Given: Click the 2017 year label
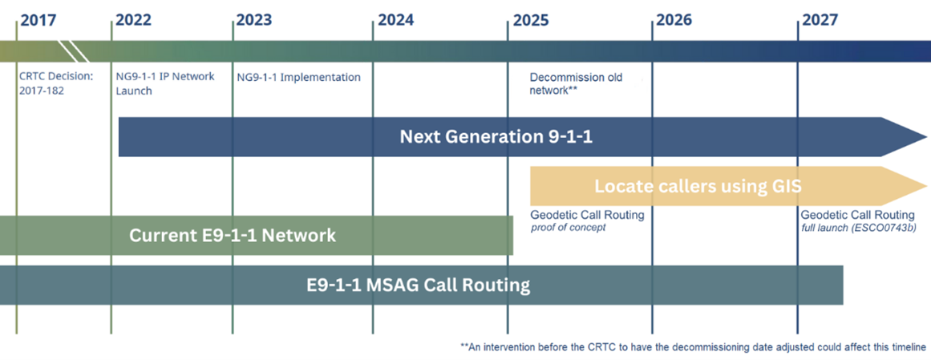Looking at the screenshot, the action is pyautogui.click(x=38, y=20).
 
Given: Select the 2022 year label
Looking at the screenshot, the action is pyautogui.click(x=134, y=20).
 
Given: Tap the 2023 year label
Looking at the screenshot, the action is pyautogui.click(x=254, y=20).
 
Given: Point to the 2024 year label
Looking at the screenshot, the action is pyautogui.click(x=396, y=20).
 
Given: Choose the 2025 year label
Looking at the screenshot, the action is pyautogui.click(x=532, y=20).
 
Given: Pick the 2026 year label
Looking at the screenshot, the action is pyautogui.click(x=674, y=20).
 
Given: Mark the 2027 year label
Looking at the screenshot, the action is pyautogui.click(x=820, y=20).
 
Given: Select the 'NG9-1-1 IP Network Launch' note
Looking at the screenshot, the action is pyautogui.click(x=165, y=83).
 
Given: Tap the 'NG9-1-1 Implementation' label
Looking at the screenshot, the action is pyautogui.click(x=298, y=77).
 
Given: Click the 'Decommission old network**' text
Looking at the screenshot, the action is pyautogui.click(x=568, y=83).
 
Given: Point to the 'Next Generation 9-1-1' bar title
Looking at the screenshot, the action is pyautogui.click(x=496, y=137).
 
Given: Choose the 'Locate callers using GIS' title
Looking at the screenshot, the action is pyautogui.click(x=698, y=187).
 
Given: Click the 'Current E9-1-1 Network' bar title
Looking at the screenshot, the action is pyautogui.click(x=233, y=235).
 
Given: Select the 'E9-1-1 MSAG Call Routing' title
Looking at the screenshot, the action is pyautogui.click(x=418, y=285).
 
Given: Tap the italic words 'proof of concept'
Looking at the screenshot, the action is pyautogui.click(x=568, y=229).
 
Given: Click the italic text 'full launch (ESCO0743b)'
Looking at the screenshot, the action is pyautogui.click(x=856, y=229).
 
